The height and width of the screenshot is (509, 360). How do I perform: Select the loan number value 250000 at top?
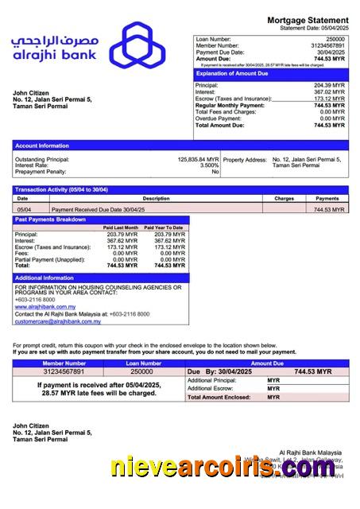click(335, 39)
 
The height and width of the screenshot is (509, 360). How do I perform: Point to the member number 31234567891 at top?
click(327, 46)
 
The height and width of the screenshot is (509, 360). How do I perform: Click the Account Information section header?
click(42, 146)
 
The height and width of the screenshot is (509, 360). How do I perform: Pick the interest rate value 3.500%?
click(209, 165)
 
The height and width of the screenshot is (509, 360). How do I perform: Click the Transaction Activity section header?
click(62, 189)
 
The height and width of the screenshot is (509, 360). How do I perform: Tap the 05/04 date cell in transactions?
click(25, 209)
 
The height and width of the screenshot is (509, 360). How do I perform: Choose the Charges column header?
click(285, 198)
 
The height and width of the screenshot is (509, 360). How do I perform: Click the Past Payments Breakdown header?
click(51, 219)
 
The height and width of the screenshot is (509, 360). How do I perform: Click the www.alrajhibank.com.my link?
click(45, 305)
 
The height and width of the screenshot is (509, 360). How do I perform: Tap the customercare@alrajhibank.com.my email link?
click(58, 321)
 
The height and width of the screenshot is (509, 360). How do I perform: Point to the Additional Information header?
click(45, 278)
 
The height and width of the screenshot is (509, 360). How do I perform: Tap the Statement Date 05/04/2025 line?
click(315, 27)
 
